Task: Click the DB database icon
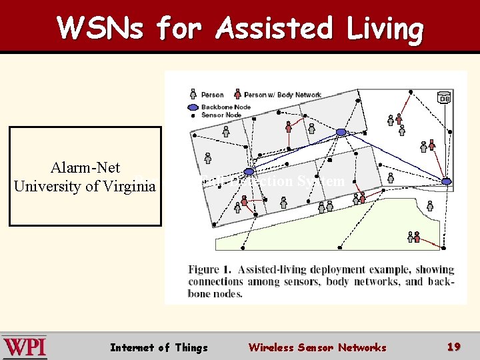444,98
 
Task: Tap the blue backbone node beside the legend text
192,107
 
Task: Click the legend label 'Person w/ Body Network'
283,95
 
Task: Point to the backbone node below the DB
446,181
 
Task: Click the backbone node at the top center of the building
341,132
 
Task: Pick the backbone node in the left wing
248,172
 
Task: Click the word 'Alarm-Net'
85,168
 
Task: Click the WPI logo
25,347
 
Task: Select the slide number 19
454,347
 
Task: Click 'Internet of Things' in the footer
159,347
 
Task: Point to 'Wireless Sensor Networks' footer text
317,347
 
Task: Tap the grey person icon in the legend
193,95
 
